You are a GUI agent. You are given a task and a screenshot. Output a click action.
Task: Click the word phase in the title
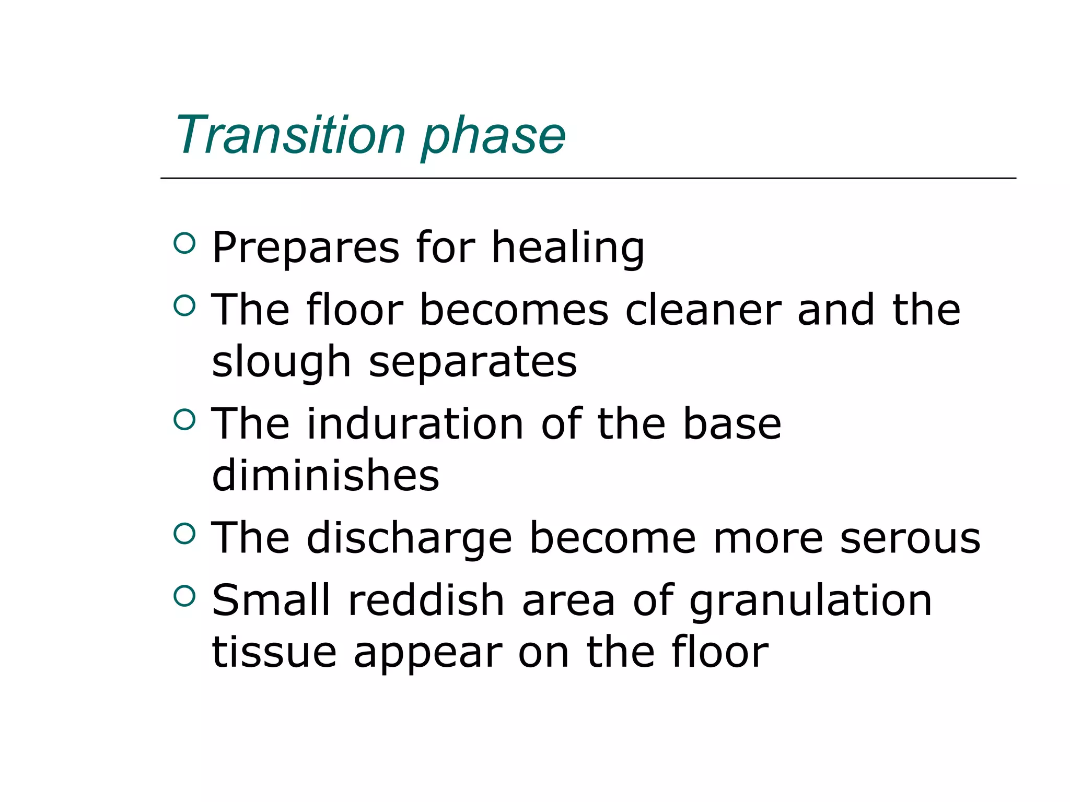tap(493, 137)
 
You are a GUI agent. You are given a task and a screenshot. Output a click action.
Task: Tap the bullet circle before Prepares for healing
tap(184, 243)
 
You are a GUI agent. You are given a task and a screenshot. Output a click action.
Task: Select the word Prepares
tap(306, 247)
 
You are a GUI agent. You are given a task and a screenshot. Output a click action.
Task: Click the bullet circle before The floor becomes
tap(184, 305)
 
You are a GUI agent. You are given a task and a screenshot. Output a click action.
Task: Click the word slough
tap(281, 362)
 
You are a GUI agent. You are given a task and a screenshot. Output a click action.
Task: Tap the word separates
tap(473, 362)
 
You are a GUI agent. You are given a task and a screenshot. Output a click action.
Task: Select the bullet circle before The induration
tap(184, 419)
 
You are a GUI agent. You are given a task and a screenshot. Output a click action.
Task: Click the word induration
tap(415, 423)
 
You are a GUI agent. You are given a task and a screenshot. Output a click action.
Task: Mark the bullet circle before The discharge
tap(184, 534)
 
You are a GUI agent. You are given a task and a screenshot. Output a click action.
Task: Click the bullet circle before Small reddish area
tap(184, 596)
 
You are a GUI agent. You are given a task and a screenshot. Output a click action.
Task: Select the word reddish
tap(426, 600)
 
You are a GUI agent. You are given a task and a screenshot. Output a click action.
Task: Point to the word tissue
tap(274, 652)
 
